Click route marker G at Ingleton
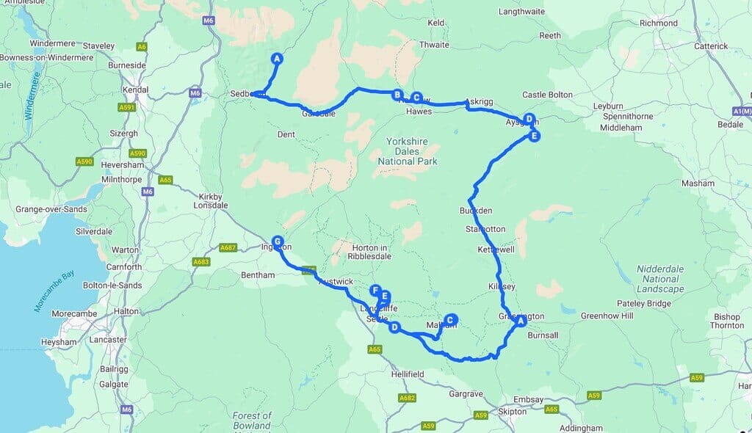click(x=277, y=241)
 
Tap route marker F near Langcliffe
click(x=375, y=291)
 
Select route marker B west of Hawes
click(x=397, y=95)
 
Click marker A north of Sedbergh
click(x=277, y=58)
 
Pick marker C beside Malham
click(x=450, y=319)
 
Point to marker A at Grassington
click(x=521, y=321)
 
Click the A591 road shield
click(x=127, y=107)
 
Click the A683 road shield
click(x=200, y=262)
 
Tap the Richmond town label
click(x=658, y=23)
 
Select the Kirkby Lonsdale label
click(x=214, y=200)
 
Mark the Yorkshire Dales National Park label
click(x=408, y=150)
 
